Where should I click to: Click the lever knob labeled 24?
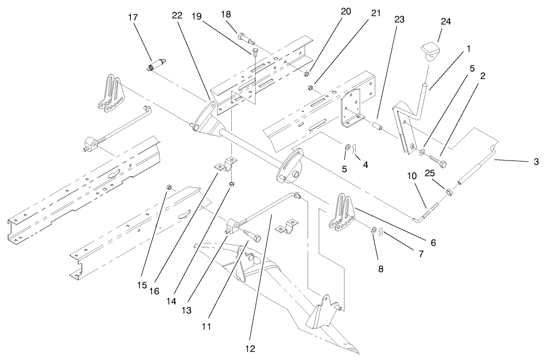pos(429,51)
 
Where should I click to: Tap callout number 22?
pos(177,16)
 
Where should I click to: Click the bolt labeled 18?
pos(244,37)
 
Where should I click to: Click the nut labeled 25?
pos(449,191)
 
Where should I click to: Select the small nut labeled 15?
pos(169,188)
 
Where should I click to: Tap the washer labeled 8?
pos(373,231)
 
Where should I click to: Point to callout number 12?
pos(251,348)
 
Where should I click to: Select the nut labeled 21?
pos(312,88)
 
